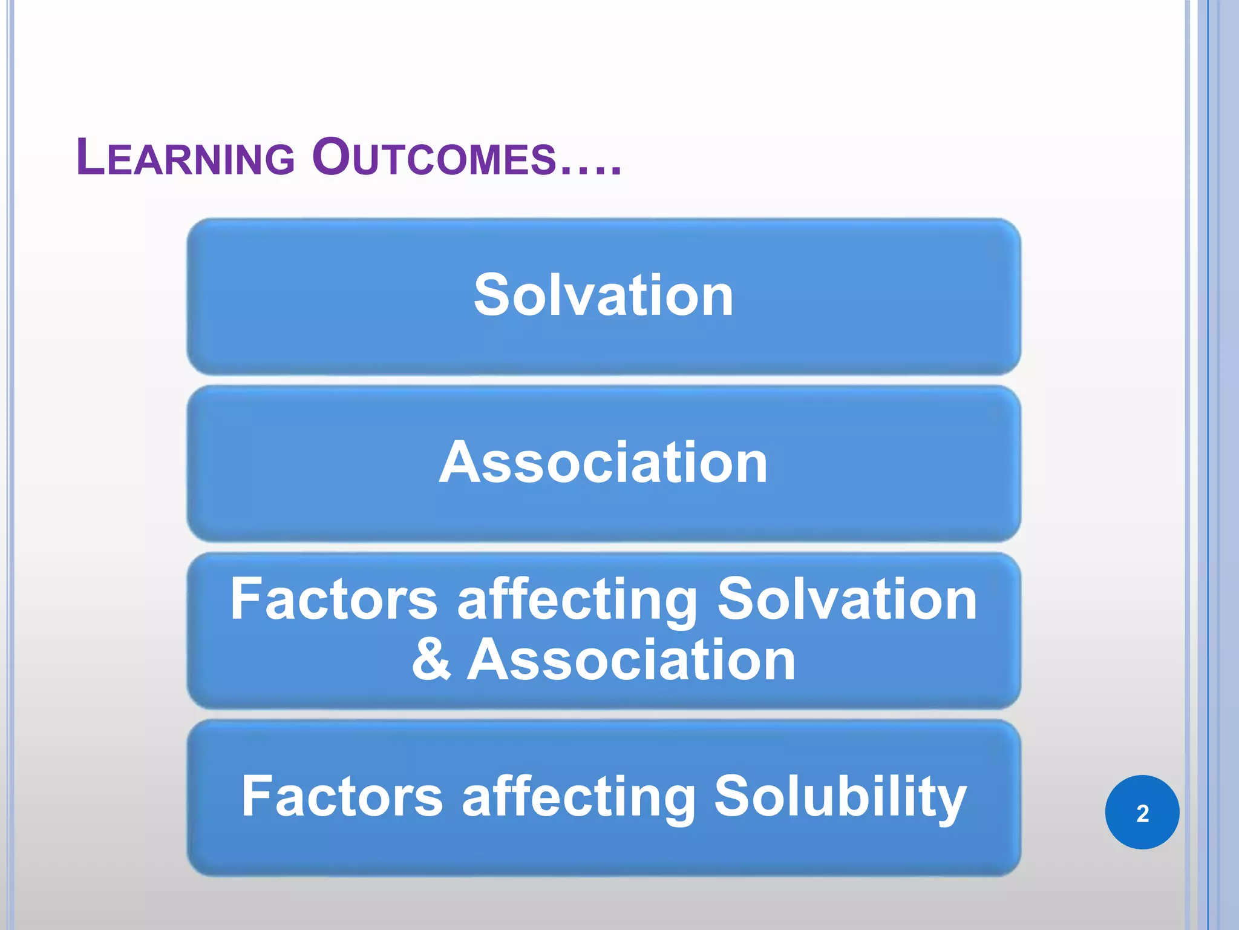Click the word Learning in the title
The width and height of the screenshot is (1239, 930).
pos(185,158)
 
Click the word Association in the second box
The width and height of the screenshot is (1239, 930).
pos(603,463)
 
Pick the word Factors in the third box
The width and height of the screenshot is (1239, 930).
pos(333,599)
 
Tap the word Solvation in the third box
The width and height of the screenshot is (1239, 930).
pos(847,599)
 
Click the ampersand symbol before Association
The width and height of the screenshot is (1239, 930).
pos(431,660)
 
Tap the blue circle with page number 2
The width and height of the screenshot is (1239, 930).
pos(1142,813)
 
